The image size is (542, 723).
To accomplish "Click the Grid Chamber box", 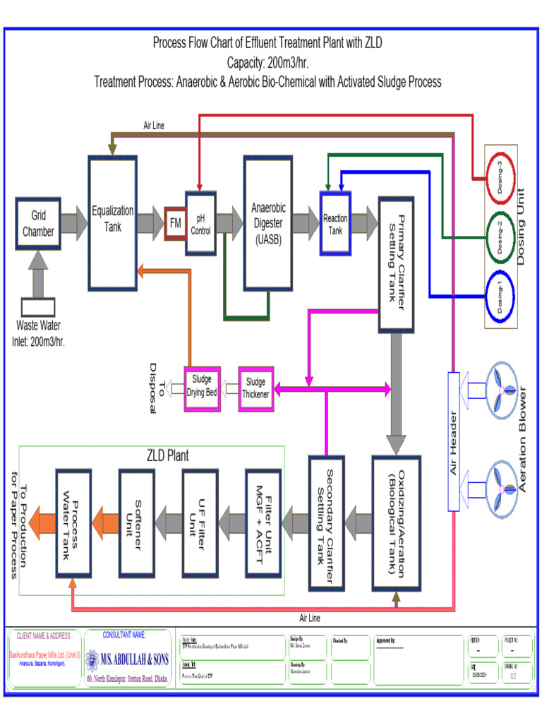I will (37, 223).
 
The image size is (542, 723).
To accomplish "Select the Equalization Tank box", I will (112, 222).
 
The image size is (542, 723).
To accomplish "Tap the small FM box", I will (175, 223).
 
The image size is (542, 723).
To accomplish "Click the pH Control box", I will (200, 223).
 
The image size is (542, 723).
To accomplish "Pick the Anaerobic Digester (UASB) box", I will (268, 223).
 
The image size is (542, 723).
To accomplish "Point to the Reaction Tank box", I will (335, 223).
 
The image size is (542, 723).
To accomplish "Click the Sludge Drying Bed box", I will (202, 388).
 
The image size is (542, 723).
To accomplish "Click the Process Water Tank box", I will (73, 522).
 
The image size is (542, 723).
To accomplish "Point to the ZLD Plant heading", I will (168, 456).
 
